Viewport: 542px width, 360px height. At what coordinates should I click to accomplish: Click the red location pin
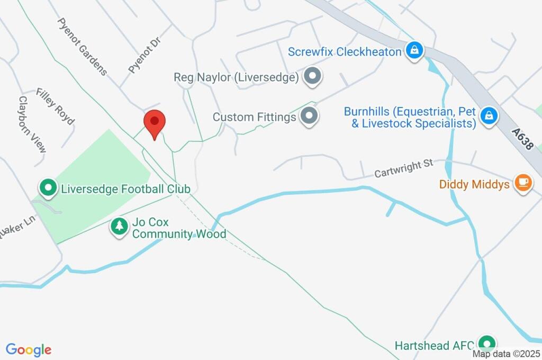tap(155, 123)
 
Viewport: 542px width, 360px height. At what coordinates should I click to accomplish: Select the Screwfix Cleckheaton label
tap(345, 52)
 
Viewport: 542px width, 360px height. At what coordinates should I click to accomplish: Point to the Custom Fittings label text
tap(254, 116)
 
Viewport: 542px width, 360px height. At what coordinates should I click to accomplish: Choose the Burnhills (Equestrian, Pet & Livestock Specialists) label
tap(410, 118)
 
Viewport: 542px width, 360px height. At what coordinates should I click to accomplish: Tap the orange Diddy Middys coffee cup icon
tap(523, 183)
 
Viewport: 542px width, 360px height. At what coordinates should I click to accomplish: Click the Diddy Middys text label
tap(474, 184)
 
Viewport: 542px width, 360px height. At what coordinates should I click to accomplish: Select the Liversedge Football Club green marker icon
tap(48, 188)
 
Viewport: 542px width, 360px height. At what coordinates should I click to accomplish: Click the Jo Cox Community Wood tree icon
tap(119, 227)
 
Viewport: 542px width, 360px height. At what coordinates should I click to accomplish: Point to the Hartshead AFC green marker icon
tap(486, 344)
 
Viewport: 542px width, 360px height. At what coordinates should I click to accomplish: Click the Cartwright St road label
tap(404, 169)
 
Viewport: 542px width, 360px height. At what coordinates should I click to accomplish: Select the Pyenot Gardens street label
tap(83, 47)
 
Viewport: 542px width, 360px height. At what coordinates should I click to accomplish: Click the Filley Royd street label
tap(55, 106)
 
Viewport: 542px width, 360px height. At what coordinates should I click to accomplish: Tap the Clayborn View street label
tap(32, 124)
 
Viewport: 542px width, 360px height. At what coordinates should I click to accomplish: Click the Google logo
tap(29, 349)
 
